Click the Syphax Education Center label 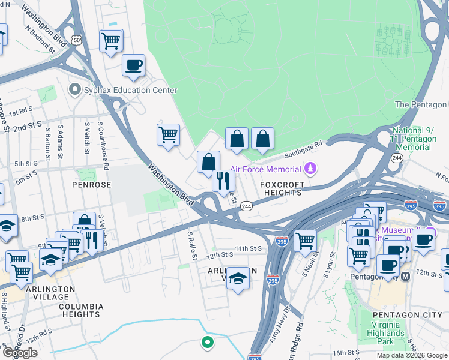(131, 91)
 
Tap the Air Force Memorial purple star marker (310, 169)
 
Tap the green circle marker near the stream (207, 343)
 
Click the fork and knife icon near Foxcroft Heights (223, 181)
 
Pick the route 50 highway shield (76, 40)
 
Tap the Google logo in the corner (20, 353)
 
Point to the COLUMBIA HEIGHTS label (80, 310)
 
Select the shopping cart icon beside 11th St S (305, 241)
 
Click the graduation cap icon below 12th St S (238, 278)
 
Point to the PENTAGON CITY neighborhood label (398, 315)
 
